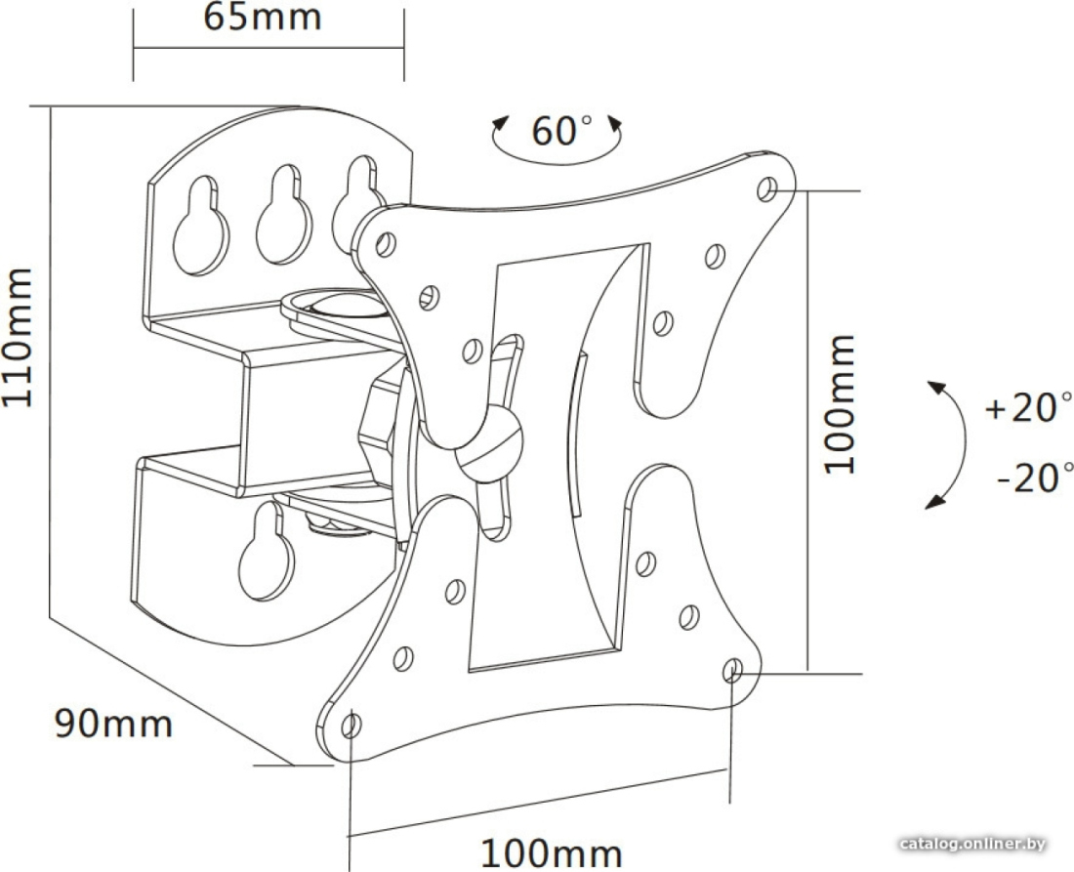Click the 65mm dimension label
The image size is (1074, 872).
pyautogui.click(x=263, y=18)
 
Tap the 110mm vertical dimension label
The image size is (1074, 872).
pyautogui.click(x=18, y=337)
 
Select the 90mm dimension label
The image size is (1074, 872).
pyautogui.click(x=113, y=724)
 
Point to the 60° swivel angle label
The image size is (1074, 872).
pyautogui.click(x=561, y=130)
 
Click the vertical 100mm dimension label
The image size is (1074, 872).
pyautogui.click(x=840, y=405)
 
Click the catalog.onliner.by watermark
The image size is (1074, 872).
pyautogui.click(x=972, y=844)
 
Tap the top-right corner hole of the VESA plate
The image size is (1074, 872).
pyautogui.click(x=767, y=189)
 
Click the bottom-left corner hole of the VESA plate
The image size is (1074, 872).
pyautogui.click(x=352, y=726)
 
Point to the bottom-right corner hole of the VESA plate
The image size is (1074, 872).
pyautogui.click(x=733, y=670)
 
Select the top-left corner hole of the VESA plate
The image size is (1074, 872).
pyautogui.click(x=387, y=244)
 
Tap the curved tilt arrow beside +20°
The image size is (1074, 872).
pyautogui.click(x=953, y=444)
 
